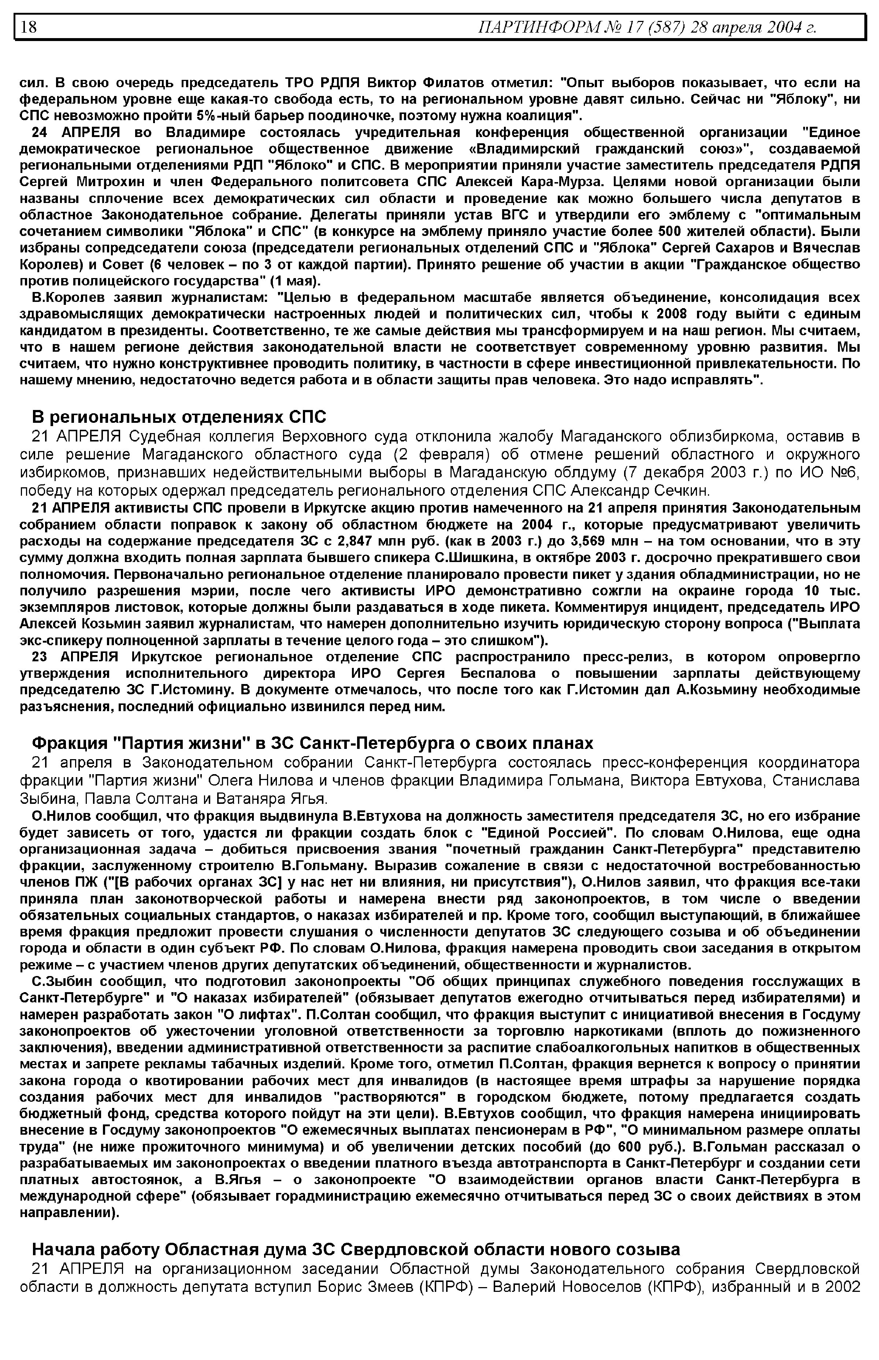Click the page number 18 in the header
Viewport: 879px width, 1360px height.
pos(29,27)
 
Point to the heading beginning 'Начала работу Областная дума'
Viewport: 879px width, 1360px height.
pos(356,1249)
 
